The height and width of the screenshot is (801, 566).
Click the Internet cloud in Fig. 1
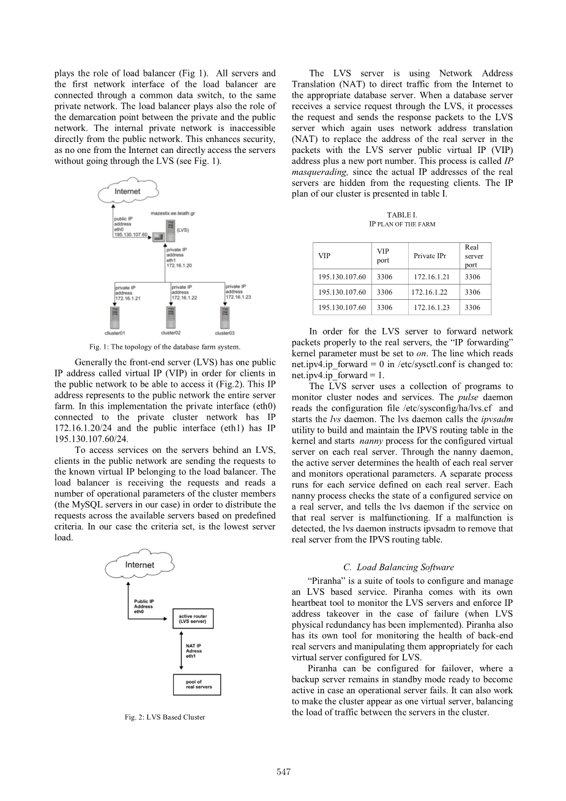click(128, 192)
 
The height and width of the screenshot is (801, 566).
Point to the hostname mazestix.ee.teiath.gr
click(173, 214)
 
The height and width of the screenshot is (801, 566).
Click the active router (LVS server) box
click(193, 618)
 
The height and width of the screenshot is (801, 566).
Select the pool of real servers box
click(196, 684)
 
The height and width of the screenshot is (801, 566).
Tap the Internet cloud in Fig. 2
click(139, 565)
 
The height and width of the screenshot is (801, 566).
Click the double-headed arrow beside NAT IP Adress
click(175, 650)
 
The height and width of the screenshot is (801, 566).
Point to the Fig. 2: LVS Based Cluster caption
click(165, 717)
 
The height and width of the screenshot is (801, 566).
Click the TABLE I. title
click(402, 215)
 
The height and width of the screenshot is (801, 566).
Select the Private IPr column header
click(430, 256)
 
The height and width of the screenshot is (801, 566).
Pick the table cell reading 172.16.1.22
click(430, 292)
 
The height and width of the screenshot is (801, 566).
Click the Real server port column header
click(473, 256)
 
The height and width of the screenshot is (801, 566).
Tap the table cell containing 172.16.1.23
click(431, 307)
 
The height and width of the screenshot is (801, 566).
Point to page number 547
click(283, 772)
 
